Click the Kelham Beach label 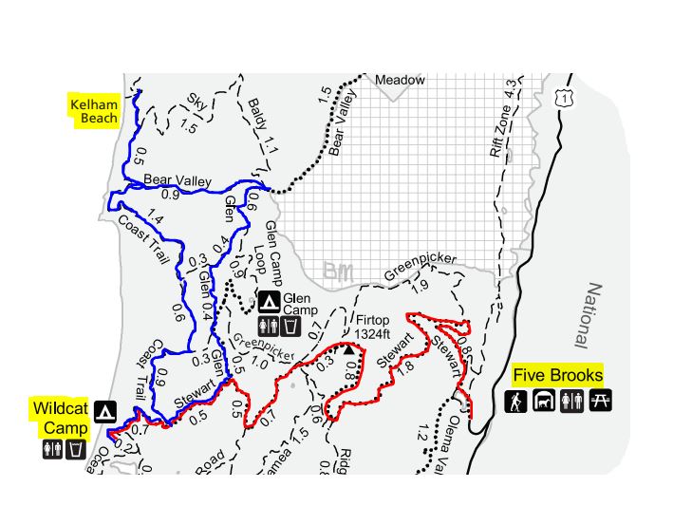[94, 110]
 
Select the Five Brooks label [557, 375]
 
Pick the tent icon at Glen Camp [270, 303]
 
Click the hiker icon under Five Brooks [515, 402]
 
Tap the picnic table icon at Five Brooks [601, 402]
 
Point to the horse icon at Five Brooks [544, 402]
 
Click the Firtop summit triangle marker [348, 349]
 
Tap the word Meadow [400, 81]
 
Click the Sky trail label [196, 100]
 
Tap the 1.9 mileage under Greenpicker [420, 287]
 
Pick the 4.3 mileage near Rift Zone [513, 89]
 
